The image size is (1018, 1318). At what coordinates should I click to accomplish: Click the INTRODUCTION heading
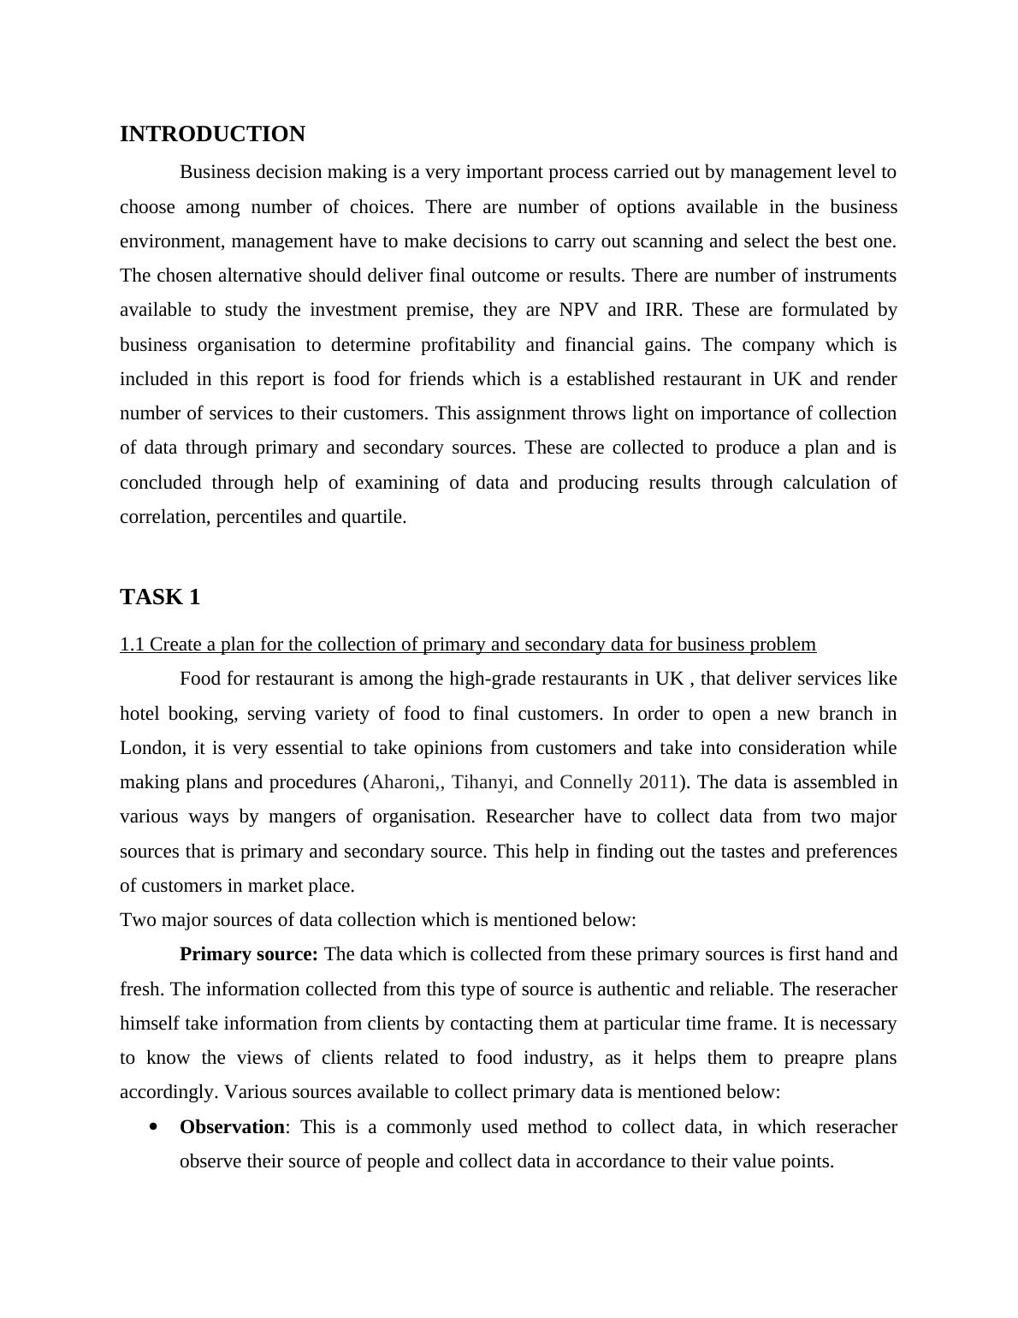coord(212,134)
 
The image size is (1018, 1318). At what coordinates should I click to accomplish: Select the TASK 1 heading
coord(160,597)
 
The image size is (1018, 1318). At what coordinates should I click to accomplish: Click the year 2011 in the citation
coord(659,782)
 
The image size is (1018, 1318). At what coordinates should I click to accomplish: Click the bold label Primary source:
coord(248,954)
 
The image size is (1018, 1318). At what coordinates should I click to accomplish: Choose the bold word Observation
coord(233,1127)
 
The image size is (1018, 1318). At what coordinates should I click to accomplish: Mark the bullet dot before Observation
coord(154,1127)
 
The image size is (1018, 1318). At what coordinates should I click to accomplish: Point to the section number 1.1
coord(133,644)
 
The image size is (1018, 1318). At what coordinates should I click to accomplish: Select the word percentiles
coord(259,517)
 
